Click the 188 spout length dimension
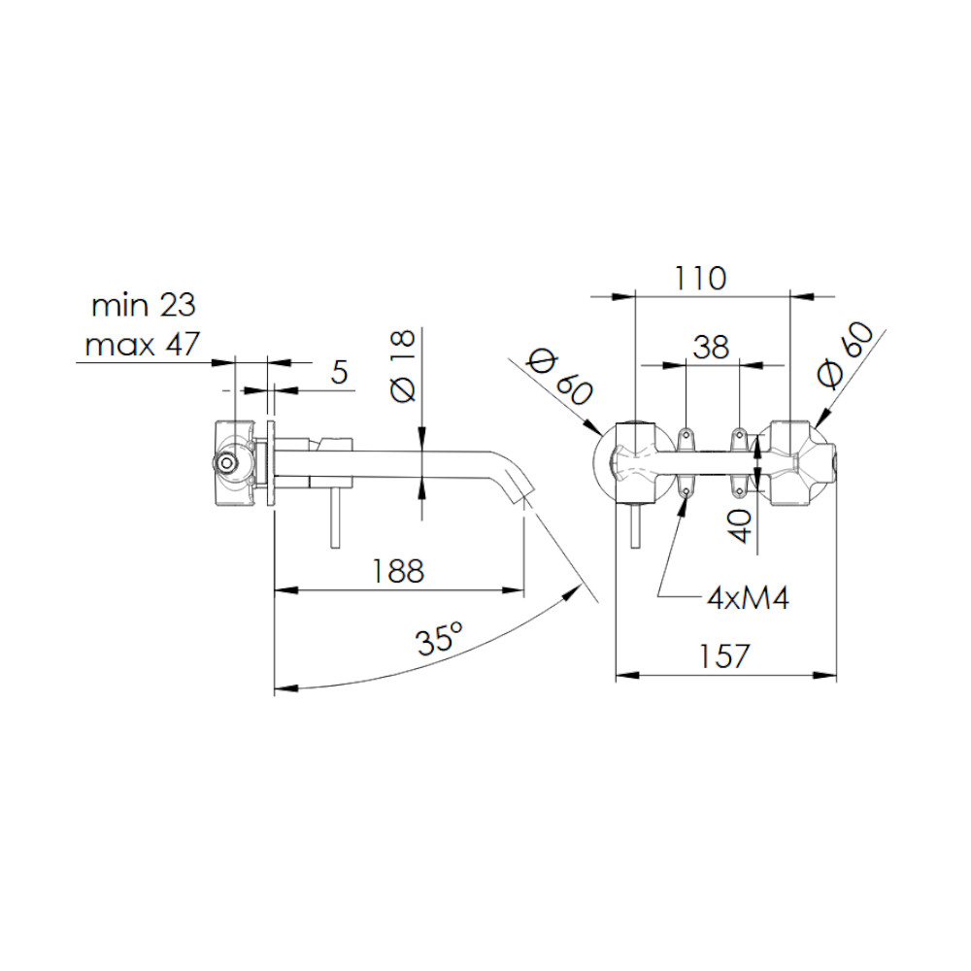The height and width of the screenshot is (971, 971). point(397,570)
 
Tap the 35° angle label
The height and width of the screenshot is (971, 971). point(439,639)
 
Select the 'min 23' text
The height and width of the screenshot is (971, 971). point(144,305)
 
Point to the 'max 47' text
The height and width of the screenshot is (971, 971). point(143,345)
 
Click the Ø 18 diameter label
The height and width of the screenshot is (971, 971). point(403,367)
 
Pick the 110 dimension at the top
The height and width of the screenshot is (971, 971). point(700,278)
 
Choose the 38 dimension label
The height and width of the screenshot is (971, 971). point(711,348)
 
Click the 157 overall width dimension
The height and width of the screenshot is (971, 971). point(724,655)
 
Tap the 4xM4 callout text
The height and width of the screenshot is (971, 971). point(749,598)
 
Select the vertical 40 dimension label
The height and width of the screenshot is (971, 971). point(740,526)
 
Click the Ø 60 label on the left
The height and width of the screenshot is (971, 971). point(559,378)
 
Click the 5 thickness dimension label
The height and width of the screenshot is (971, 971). point(339,372)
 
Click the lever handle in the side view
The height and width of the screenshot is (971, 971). point(335,518)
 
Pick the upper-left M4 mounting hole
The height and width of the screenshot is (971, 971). point(686,434)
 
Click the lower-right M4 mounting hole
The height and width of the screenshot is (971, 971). point(739,491)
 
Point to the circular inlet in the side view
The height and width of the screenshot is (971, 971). point(225,462)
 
